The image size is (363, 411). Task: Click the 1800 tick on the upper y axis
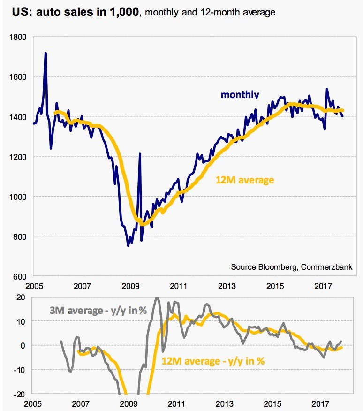[20, 37]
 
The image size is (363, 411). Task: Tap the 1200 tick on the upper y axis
[20, 157]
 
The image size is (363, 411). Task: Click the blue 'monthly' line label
[240, 95]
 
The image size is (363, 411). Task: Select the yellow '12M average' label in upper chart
[245, 179]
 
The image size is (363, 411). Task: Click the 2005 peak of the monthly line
[45, 53]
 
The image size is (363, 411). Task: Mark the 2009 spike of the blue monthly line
[140, 154]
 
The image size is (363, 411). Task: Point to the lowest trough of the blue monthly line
[128, 245]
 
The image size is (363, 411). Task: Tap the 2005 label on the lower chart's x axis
[33, 403]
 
